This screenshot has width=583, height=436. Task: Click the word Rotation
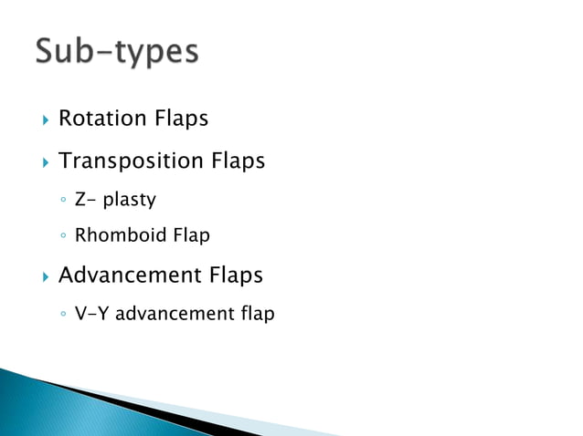[x=102, y=119]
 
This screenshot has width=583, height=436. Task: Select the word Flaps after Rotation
[x=181, y=119]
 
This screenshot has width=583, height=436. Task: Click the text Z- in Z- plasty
[x=85, y=199]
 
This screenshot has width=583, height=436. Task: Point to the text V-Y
[x=92, y=314]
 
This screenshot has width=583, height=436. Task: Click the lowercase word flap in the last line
[x=257, y=314]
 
